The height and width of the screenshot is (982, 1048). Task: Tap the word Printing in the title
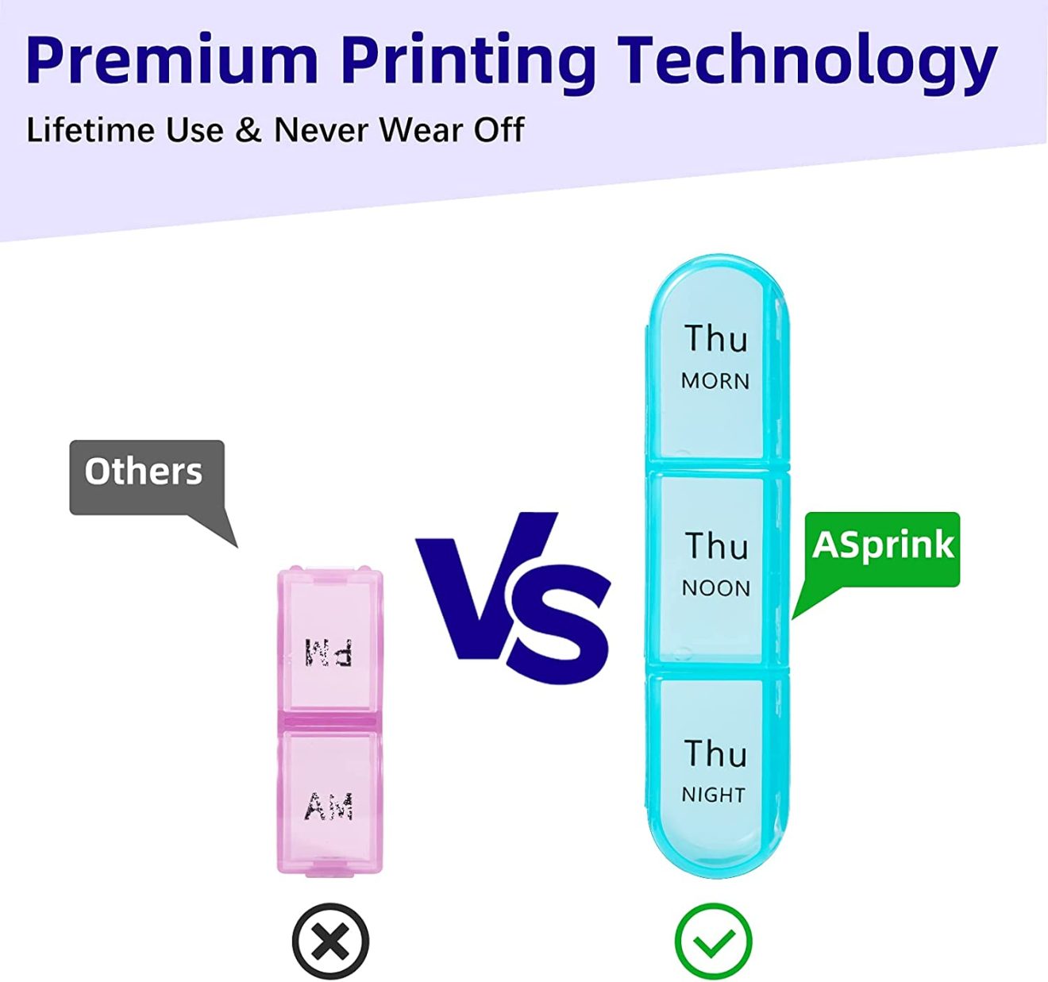click(469, 64)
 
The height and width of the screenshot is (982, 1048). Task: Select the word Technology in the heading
click(807, 64)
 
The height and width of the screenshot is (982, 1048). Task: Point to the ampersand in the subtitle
click(249, 130)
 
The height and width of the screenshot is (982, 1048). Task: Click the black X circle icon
click(330, 941)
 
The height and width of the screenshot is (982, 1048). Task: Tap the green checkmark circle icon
click(714, 941)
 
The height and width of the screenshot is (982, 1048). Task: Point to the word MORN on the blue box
click(715, 381)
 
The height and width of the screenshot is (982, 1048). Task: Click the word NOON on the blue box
click(716, 588)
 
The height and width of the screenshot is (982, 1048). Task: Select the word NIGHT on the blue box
click(714, 795)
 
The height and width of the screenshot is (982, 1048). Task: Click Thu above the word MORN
click(716, 338)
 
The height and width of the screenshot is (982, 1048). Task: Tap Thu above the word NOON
click(717, 545)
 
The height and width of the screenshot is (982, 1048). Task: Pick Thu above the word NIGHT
click(716, 753)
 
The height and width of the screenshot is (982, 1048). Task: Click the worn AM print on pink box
click(329, 807)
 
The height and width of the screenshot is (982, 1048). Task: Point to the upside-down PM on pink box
click(328, 653)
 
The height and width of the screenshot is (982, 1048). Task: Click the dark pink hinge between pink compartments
click(330, 722)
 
